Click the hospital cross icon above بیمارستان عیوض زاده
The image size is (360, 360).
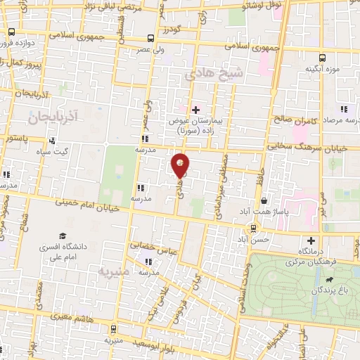point(196,110)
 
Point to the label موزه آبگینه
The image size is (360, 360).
point(322,70)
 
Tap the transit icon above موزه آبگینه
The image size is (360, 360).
point(322,58)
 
